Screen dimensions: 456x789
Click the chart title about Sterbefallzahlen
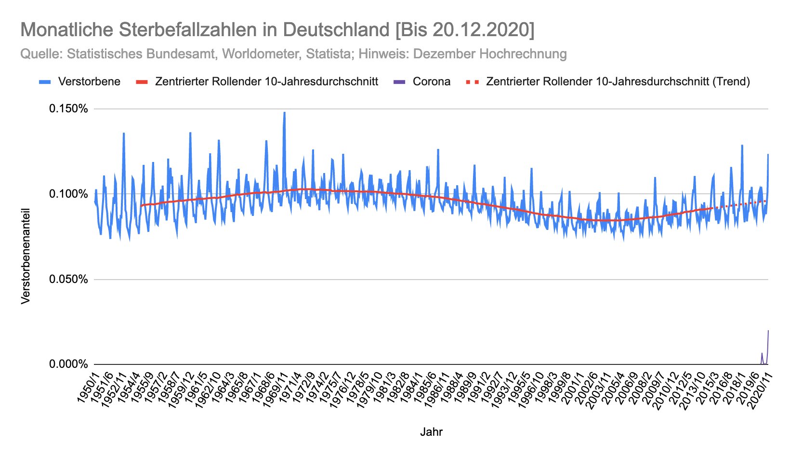pos(277,30)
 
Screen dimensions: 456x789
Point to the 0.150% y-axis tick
pos(68,109)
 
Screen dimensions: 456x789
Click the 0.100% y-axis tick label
pos(68,194)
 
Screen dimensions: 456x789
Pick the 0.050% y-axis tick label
pos(68,280)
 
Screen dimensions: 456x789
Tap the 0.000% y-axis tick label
pos(68,364)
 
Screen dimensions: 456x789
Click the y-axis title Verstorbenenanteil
pos(26,255)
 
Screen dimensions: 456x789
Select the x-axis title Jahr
pos(431,432)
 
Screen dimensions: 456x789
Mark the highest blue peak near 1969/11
pos(284,113)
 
